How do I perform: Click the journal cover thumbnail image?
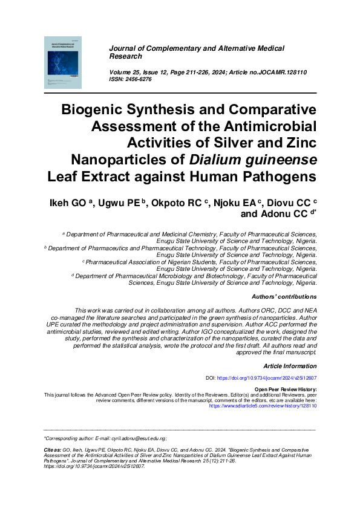[62, 62]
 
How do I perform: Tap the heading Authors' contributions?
[284, 297]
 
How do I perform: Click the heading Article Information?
[290, 366]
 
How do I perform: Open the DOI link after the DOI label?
[266, 377]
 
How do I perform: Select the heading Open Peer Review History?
[286, 389]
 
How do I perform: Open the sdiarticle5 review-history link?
[263, 406]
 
